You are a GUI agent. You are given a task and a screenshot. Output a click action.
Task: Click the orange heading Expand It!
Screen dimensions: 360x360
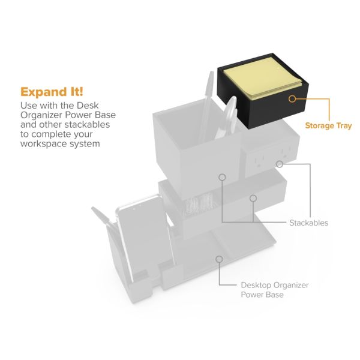(x=52, y=92)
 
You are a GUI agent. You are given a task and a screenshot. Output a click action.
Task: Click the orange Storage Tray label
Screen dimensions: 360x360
(x=328, y=126)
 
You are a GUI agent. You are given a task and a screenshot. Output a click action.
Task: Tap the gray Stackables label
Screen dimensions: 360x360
(x=308, y=223)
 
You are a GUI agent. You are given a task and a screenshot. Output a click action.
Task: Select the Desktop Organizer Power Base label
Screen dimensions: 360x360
(x=275, y=290)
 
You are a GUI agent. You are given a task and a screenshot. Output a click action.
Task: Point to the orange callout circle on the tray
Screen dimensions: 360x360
(x=292, y=99)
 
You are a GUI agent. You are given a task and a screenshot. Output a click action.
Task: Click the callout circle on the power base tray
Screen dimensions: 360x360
(x=219, y=259)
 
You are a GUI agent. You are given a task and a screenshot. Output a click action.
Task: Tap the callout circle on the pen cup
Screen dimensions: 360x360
(x=222, y=177)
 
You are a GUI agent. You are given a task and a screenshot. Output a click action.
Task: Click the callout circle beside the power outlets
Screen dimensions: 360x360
(x=280, y=164)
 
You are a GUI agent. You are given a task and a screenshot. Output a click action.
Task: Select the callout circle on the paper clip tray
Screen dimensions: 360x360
(x=253, y=198)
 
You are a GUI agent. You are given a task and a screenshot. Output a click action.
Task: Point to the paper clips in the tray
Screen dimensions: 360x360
(x=199, y=203)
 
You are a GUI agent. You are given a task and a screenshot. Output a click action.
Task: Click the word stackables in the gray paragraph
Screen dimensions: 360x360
(x=87, y=124)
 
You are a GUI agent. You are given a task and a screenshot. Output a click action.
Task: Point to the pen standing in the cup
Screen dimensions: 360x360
(x=206, y=106)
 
